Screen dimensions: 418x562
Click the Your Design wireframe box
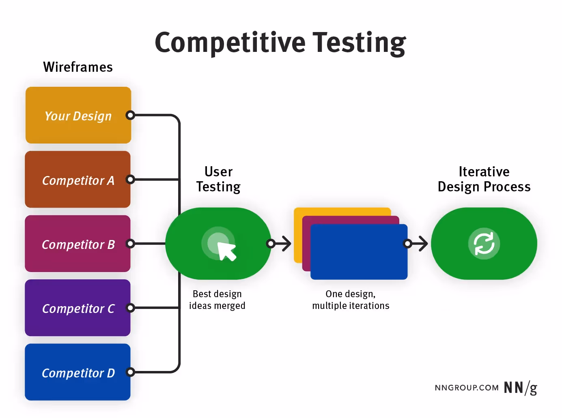point(78,115)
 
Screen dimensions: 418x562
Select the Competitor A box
point(78,180)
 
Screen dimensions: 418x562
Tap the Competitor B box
point(78,244)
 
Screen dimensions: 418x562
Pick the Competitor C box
point(78,308)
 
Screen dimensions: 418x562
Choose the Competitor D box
point(78,372)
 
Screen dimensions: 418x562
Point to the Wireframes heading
point(78,67)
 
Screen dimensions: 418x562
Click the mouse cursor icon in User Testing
point(226,251)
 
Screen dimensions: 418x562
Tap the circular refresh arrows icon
point(484,244)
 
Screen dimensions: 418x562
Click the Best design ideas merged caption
point(217,300)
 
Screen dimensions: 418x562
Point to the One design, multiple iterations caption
point(351,300)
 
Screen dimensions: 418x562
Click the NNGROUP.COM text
point(467,388)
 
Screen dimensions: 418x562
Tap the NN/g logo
point(521,388)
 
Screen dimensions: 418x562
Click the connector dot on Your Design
point(130,115)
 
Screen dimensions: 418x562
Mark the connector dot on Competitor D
point(130,372)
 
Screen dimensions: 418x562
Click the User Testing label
point(218,179)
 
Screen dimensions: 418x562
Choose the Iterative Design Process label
point(484,179)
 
